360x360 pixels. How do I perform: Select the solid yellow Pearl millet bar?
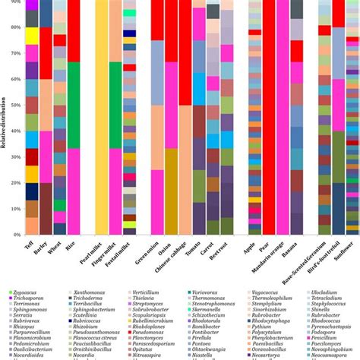click(102, 122)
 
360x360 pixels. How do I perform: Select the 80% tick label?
click(16, 27)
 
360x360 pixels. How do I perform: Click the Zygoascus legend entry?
click(27, 292)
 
